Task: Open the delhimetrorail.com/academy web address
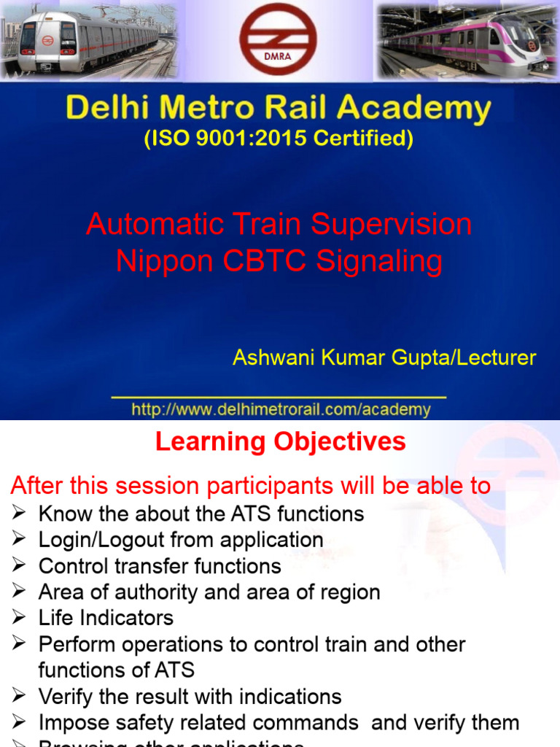pos(281,409)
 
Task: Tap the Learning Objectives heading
pos(281,441)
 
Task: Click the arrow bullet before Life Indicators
pos(20,618)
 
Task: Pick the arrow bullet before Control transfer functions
pos(20,565)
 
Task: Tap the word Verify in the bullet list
pos(68,697)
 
